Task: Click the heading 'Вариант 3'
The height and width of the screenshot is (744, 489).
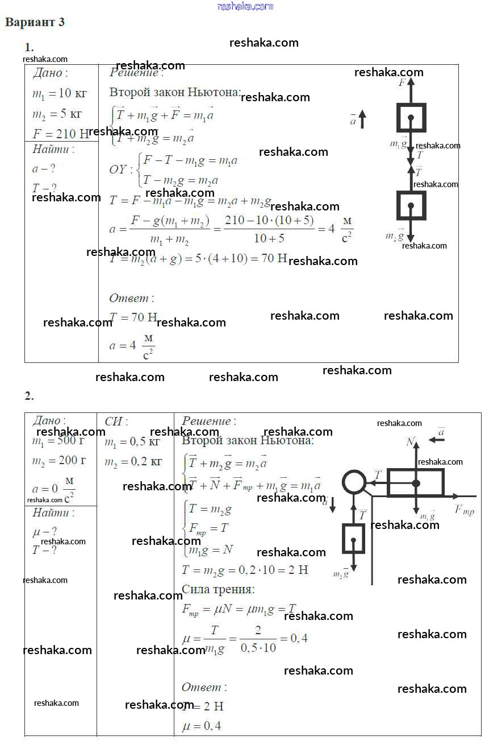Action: tap(35, 22)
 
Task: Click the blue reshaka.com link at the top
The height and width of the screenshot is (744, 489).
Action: tap(245, 6)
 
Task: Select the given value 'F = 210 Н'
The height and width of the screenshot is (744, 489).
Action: tap(60, 134)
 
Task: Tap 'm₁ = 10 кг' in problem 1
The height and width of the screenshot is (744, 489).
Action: tap(59, 94)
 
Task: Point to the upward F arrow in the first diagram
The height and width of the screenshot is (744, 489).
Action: tap(411, 91)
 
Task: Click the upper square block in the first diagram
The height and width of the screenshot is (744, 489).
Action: tap(411, 118)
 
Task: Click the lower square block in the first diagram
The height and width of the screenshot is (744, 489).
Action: tap(411, 205)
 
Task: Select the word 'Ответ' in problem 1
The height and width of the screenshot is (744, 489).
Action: tap(128, 298)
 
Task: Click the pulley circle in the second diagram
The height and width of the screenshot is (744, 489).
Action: tap(354, 482)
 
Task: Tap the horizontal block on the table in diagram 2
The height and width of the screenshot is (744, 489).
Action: tap(415, 482)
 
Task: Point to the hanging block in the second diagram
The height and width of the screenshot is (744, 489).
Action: tap(353, 538)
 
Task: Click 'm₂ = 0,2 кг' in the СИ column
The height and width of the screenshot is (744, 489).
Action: tap(132, 462)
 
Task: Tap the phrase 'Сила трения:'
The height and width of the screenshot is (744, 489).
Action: tap(218, 589)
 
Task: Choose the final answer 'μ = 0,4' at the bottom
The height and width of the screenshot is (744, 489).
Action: tap(202, 726)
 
